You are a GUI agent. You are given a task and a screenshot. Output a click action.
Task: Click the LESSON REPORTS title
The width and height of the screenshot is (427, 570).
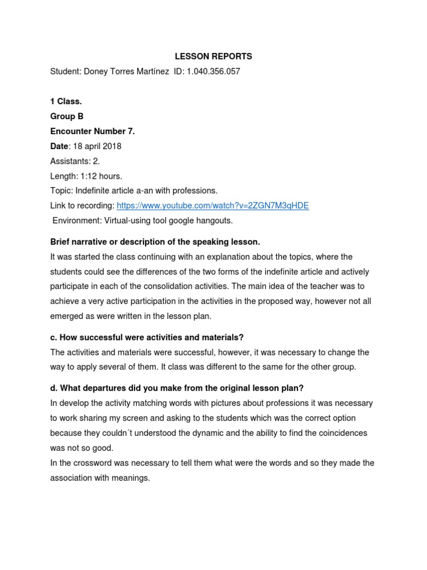pyautogui.click(x=213, y=56)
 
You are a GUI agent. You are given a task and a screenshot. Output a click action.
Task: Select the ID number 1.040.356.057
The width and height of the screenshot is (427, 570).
pyautogui.click(x=215, y=71)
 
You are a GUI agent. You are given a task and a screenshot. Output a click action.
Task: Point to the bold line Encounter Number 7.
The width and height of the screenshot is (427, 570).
pyautogui.click(x=92, y=131)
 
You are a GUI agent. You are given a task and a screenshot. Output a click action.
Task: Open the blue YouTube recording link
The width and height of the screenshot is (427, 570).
pyautogui.click(x=212, y=206)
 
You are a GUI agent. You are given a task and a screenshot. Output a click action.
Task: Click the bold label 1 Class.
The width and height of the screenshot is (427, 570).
pyautogui.click(x=66, y=101)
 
